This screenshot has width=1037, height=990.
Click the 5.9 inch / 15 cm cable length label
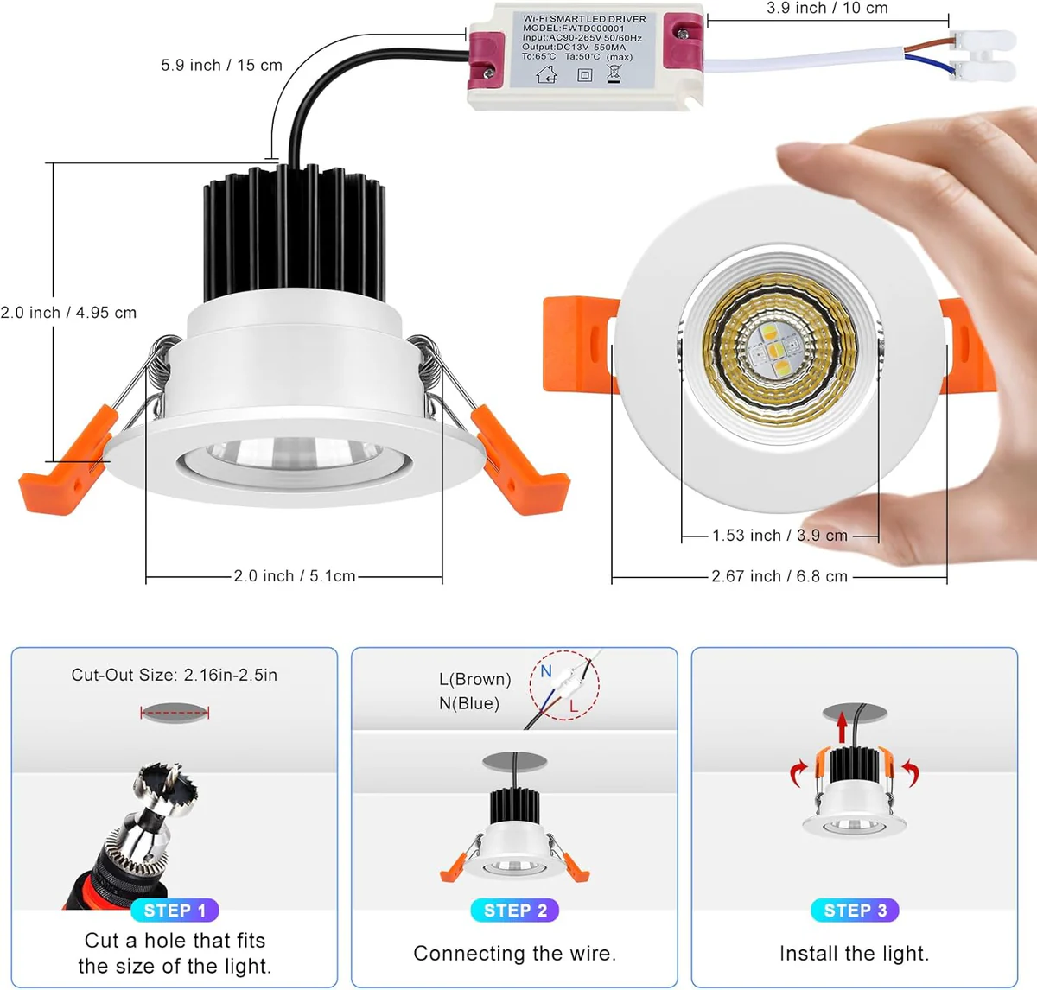221,66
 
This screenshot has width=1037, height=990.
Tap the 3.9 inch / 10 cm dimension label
827,9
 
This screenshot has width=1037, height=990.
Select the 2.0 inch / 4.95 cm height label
69,313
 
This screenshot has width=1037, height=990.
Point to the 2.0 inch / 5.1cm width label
294,576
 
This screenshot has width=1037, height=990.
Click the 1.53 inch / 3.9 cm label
779,536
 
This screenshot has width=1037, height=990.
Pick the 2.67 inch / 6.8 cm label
779,576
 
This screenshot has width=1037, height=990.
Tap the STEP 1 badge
175,911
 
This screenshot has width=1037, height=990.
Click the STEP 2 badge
515,911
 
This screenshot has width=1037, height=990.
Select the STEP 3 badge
855,911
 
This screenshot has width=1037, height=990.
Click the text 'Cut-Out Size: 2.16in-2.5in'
175,676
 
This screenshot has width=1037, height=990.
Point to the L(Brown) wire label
474,680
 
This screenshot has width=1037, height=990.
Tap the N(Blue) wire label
469,704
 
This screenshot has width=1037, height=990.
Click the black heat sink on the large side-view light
294,232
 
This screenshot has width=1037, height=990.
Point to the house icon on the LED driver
547,75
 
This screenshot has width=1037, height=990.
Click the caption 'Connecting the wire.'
515,954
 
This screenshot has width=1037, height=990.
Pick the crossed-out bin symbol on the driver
614,73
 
